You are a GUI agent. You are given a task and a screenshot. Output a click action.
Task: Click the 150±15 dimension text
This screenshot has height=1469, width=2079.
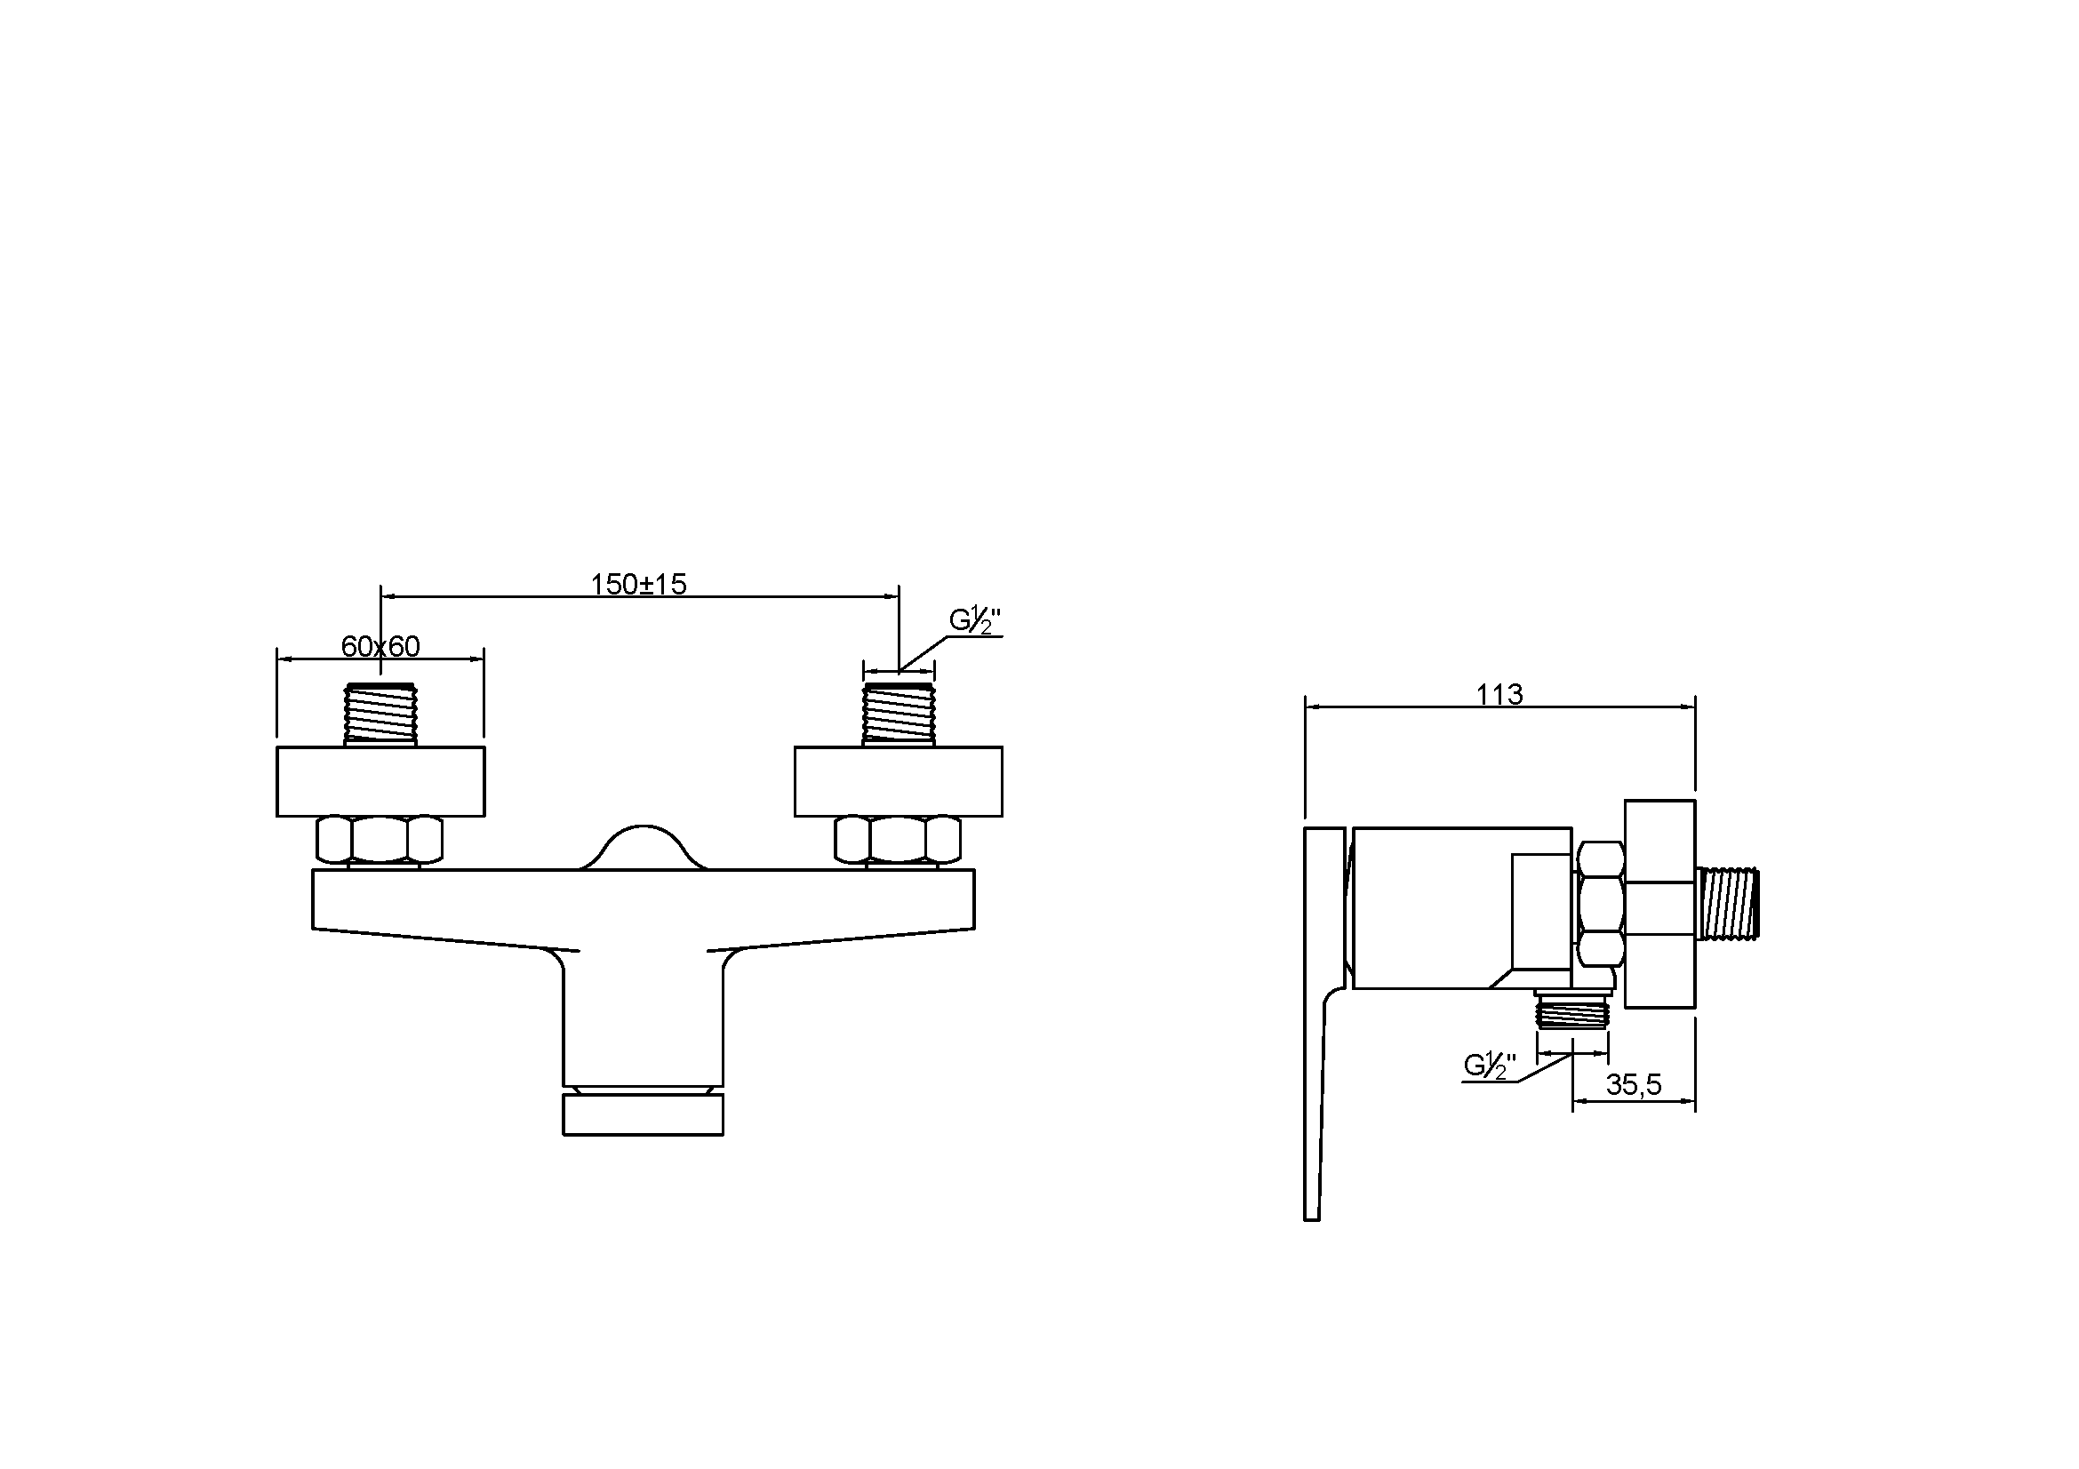click(x=638, y=585)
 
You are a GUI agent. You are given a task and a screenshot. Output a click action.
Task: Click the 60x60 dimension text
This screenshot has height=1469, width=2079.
click(x=380, y=646)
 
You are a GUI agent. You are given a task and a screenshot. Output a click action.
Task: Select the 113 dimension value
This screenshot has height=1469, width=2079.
click(x=1499, y=694)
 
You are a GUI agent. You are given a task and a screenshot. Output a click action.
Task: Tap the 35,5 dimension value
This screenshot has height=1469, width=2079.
click(x=1634, y=1084)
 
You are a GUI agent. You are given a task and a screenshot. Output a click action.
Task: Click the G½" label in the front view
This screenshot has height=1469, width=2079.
click(x=974, y=621)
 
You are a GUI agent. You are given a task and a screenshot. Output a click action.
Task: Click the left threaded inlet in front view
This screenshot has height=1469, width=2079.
click(x=380, y=715)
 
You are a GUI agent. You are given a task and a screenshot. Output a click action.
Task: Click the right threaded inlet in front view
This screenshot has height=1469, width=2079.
click(x=899, y=715)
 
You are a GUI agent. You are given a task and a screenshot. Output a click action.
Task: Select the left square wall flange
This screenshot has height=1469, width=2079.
click(x=380, y=781)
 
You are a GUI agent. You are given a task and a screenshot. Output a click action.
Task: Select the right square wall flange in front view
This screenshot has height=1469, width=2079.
click(x=899, y=781)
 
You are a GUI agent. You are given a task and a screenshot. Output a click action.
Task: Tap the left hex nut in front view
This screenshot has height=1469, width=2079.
click(x=380, y=839)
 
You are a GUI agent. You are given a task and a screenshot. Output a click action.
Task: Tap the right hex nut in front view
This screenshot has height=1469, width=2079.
click(x=898, y=839)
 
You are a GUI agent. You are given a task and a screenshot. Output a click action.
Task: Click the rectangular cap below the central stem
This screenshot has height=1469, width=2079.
click(x=643, y=1114)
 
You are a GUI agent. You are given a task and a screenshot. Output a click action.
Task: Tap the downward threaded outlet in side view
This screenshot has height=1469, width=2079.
click(x=1573, y=1010)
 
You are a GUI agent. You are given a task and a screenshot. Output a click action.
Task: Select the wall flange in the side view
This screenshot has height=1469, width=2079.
click(x=1659, y=903)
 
